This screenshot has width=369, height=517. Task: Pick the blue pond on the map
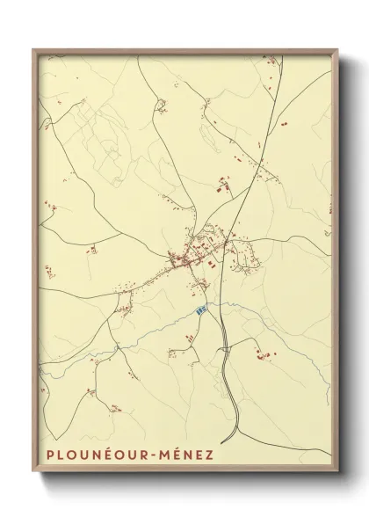[x=202, y=309]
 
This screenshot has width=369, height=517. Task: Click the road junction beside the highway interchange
[x=227, y=349]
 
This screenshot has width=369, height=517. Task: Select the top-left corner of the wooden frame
[x=33, y=49]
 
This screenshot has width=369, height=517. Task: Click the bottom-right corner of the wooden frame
[x=338, y=473]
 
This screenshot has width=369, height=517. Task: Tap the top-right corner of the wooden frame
[x=338, y=49]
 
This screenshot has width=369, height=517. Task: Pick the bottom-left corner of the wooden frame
[x=33, y=473]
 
